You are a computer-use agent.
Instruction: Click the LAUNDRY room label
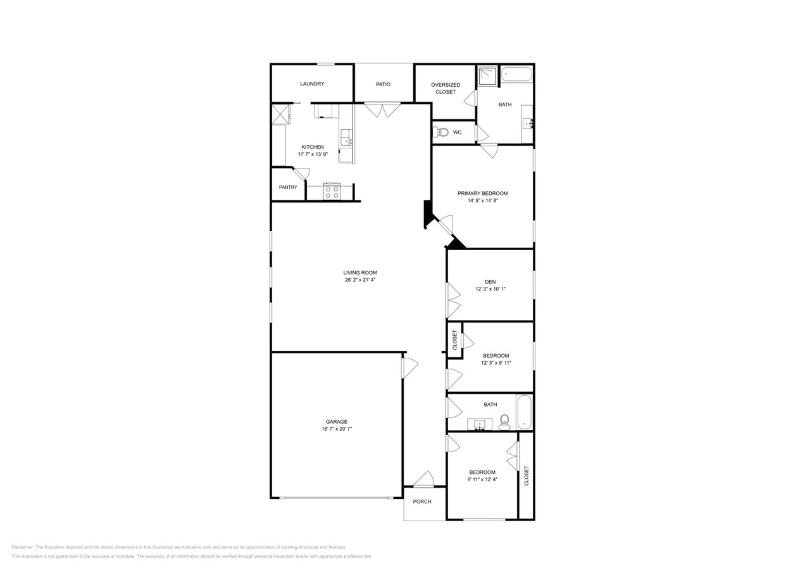[312, 84]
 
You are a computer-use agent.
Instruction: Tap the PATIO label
[383, 84]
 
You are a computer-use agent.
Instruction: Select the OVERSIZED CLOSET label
[446, 88]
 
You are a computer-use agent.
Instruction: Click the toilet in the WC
[440, 132]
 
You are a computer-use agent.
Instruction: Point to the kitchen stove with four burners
[332, 191]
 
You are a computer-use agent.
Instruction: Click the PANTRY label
[288, 187]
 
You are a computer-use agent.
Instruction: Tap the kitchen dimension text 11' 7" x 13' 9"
[313, 155]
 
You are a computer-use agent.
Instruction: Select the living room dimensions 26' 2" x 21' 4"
[359, 280]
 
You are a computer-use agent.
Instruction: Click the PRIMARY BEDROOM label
[482, 193]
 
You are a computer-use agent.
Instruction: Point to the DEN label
[490, 282]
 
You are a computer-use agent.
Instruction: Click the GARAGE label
[337, 421]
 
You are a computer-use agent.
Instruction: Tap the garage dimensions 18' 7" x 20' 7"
[337, 429]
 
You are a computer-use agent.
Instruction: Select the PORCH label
[422, 502]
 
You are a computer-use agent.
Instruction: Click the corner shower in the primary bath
[488, 76]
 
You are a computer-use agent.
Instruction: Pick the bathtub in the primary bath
[516, 75]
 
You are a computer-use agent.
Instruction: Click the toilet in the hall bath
[504, 422]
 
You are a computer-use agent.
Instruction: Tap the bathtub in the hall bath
[525, 412]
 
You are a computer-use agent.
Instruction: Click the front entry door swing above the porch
[424, 479]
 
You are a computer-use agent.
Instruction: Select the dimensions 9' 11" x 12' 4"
[482, 479]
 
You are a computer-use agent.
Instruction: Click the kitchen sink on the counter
[346, 137]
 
